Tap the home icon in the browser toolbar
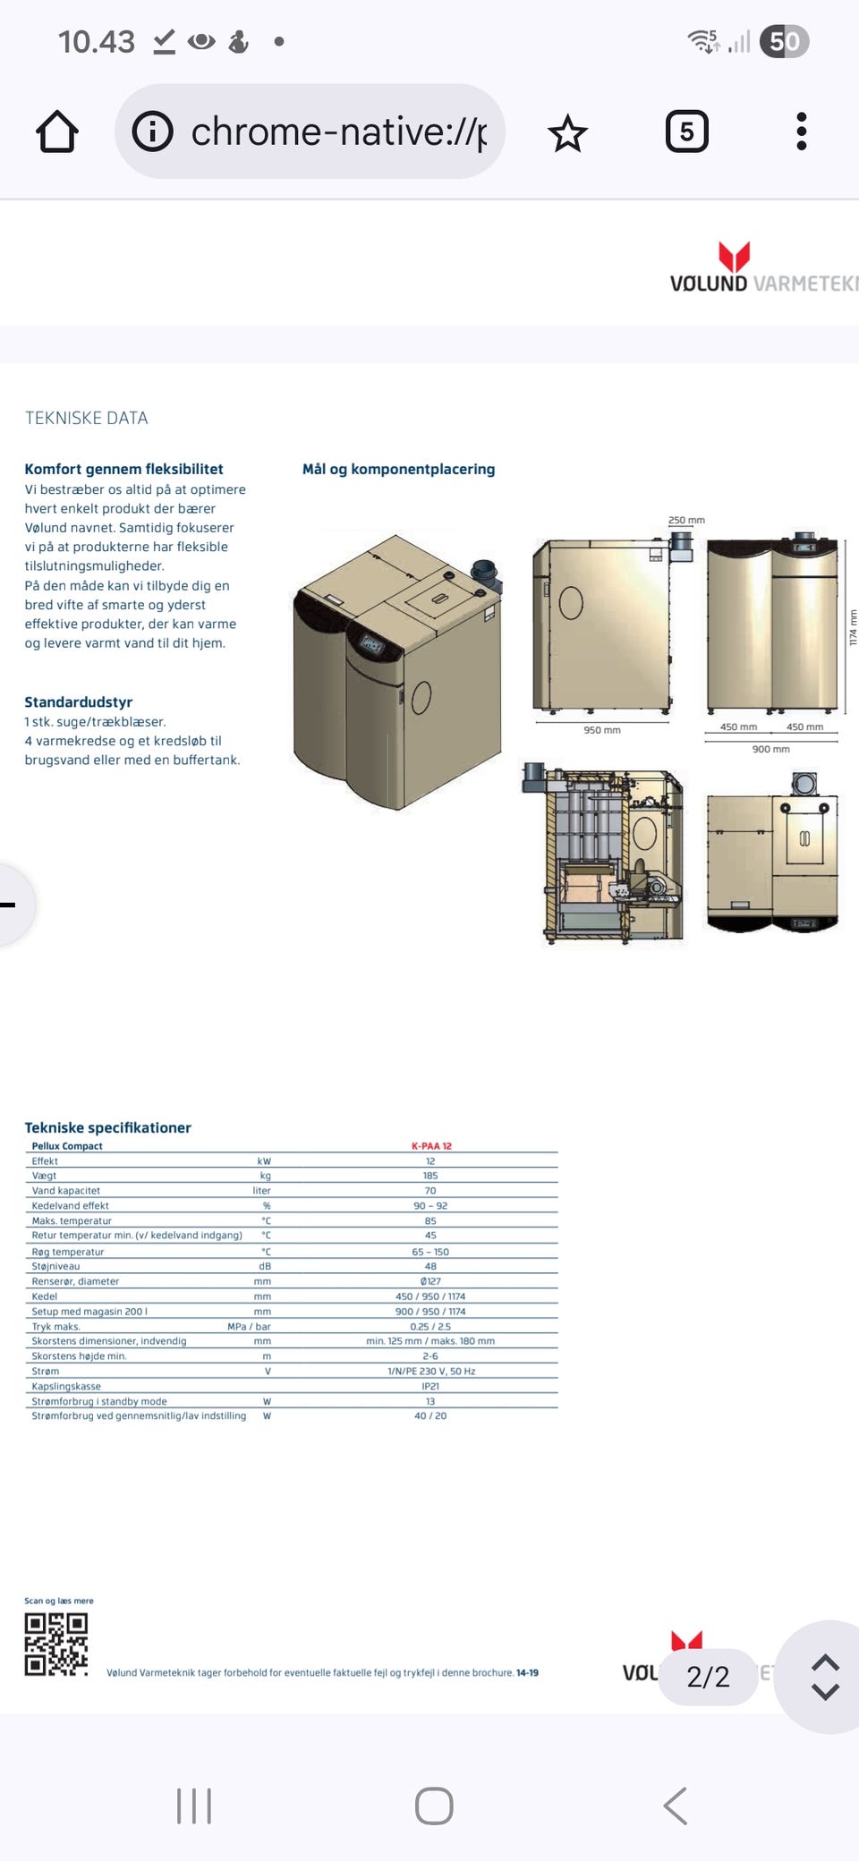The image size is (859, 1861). coord(57,132)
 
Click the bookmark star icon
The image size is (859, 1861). coord(567,133)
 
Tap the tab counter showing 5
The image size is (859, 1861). coord(686,132)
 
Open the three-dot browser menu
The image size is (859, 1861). coord(801,132)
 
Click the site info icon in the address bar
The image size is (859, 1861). coord(153,132)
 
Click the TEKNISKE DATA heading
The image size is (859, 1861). coord(87,418)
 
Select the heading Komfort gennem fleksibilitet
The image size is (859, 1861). coord(123,469)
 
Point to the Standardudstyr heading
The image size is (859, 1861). coord(79,702)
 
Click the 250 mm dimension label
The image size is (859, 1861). coord(686,520)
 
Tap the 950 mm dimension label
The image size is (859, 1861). coord(602,730)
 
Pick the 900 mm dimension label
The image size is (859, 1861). coord(770,749)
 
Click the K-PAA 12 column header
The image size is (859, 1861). coord(431,1146)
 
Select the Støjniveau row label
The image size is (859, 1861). coord(55,1266)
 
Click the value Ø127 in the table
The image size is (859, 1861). coord(430,1281)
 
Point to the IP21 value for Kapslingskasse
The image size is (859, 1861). coord(430,1386)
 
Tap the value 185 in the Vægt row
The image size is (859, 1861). coord(430,1176)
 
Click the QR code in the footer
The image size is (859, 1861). coord(55,1644)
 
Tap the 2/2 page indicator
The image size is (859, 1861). coord(708,1677)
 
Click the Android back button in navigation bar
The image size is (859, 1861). coord(676,1806)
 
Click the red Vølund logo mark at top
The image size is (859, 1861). coord(734,256)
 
